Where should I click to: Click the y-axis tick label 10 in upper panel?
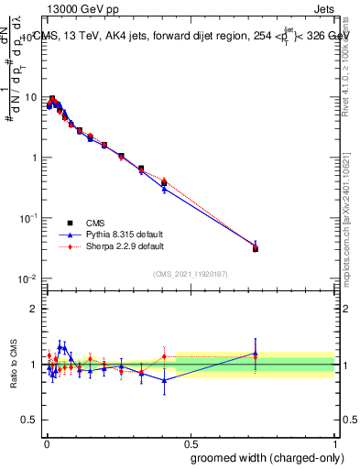[29, 97]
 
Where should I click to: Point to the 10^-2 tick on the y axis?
[27, 278]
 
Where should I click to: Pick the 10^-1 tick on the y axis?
[27, 218]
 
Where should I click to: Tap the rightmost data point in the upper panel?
[256, 248]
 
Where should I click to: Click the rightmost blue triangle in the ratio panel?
[256, 353]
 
